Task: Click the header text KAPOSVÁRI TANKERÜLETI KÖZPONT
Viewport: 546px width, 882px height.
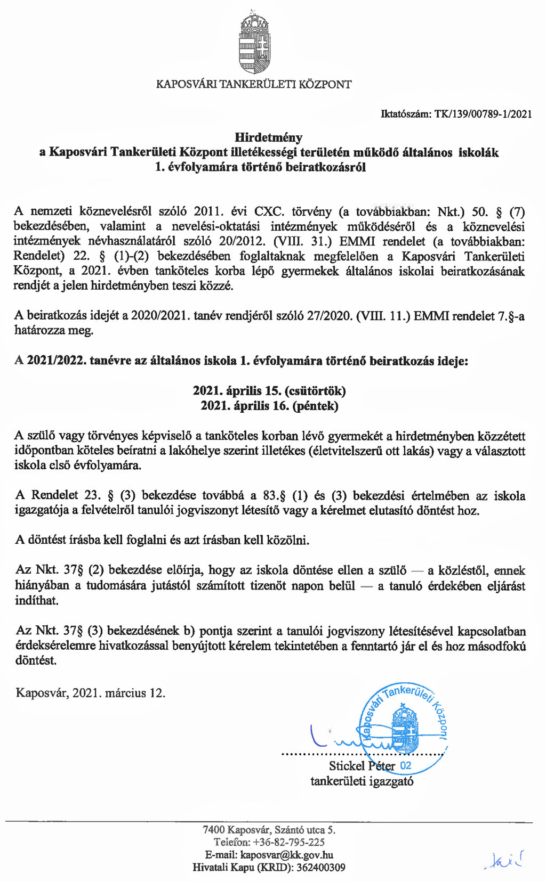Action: tap(254, 84)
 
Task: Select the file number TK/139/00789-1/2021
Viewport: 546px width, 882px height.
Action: tap(483, 113)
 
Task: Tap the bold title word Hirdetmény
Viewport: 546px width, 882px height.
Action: tap(269, 137)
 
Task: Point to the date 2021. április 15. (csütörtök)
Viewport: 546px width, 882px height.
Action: tap(269, 391)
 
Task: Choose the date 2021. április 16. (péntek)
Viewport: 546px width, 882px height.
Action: tap(269, 406)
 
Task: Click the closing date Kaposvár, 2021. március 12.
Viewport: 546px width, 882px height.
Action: tap(91, 693)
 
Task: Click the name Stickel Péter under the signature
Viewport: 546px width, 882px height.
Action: tap(362, 766)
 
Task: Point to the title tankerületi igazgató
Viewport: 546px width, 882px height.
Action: tap(362, 781)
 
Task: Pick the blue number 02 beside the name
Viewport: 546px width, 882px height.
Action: tap(405, 766)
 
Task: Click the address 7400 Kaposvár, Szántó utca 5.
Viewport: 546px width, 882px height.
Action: tap(269, 829)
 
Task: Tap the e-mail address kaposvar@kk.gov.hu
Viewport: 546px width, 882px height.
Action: tap(287, 855)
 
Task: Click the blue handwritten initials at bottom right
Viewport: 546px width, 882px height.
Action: tap(504, 859)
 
